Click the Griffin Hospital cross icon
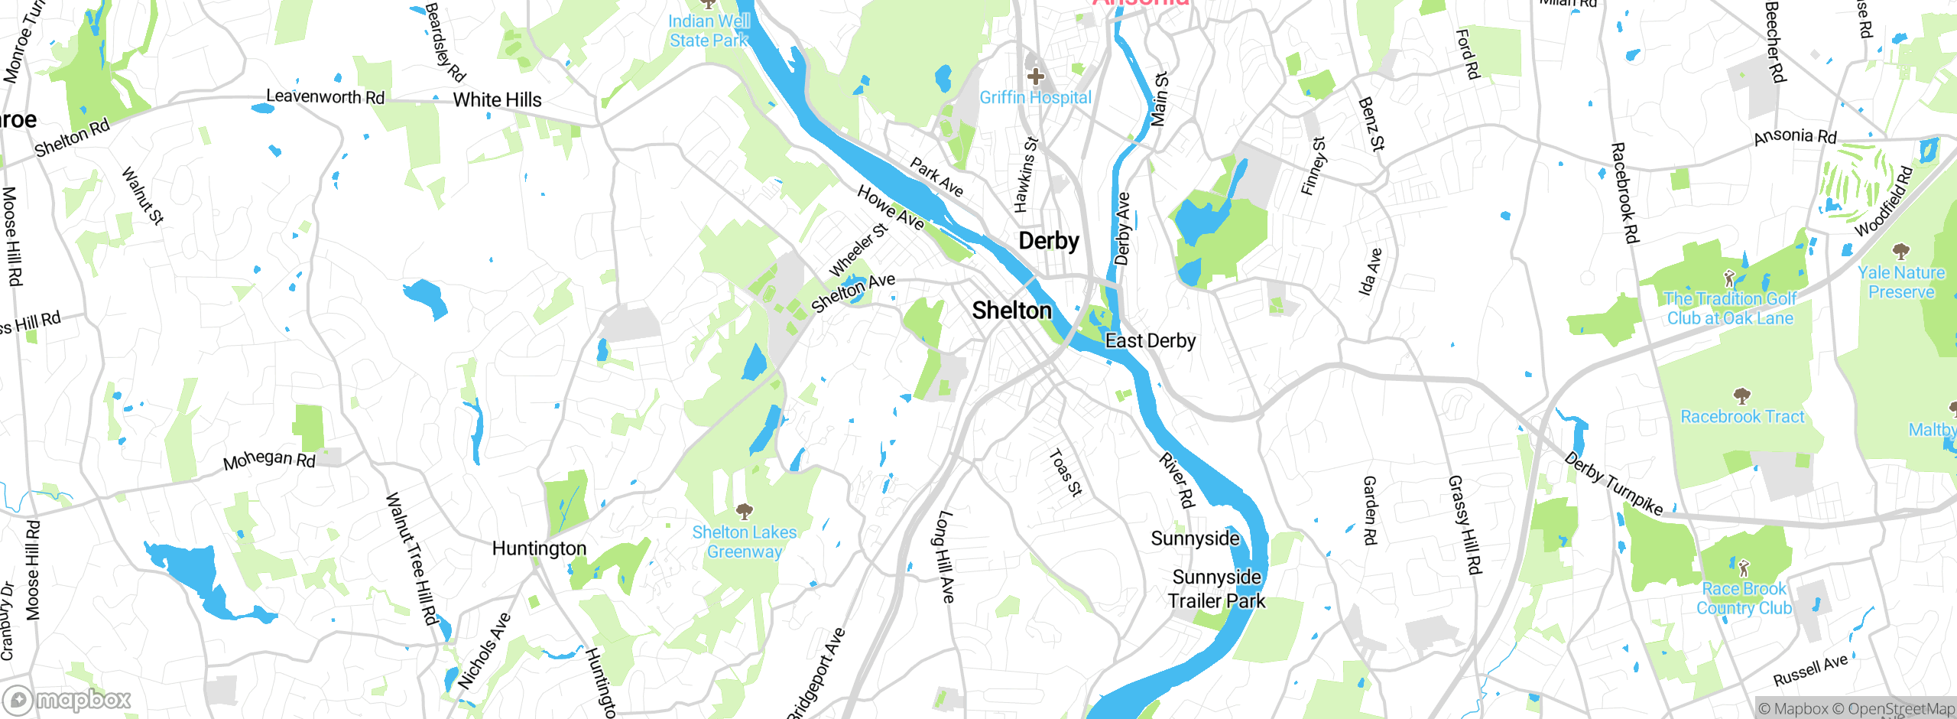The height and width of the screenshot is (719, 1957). tap(1036, 76)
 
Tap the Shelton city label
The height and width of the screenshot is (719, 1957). tap(1011, 311)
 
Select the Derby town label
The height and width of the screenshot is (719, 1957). tap(1048, 241)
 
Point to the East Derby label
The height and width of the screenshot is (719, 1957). tap(1150, 341)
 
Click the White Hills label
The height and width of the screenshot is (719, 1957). tap(497, 100)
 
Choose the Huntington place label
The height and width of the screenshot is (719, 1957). tap(539, 548)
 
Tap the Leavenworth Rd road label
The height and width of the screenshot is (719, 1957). tap(325, 97)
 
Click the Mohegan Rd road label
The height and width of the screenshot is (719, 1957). tap(269, 460)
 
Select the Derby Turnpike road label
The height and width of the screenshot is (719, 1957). tap(1613, 484)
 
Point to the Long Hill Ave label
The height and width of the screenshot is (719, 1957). tap(946, 556)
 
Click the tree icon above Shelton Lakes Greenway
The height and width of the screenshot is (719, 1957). tap(744, 511)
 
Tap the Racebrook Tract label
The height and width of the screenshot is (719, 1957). tap(1741, 417)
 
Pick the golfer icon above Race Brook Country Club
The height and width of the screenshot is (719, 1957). tap(1743, 568)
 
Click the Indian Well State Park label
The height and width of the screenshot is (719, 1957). tap(709, 31)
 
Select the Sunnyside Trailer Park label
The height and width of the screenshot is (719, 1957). tap(1216, 589)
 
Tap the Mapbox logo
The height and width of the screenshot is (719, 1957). tap(67, 700)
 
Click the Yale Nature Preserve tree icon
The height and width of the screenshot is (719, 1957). tap(1900, 252)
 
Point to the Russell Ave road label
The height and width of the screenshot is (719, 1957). tap(1810, 671)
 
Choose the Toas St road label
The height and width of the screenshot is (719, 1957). tap(1065, 473)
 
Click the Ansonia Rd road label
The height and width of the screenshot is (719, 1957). tap(1794, 137)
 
